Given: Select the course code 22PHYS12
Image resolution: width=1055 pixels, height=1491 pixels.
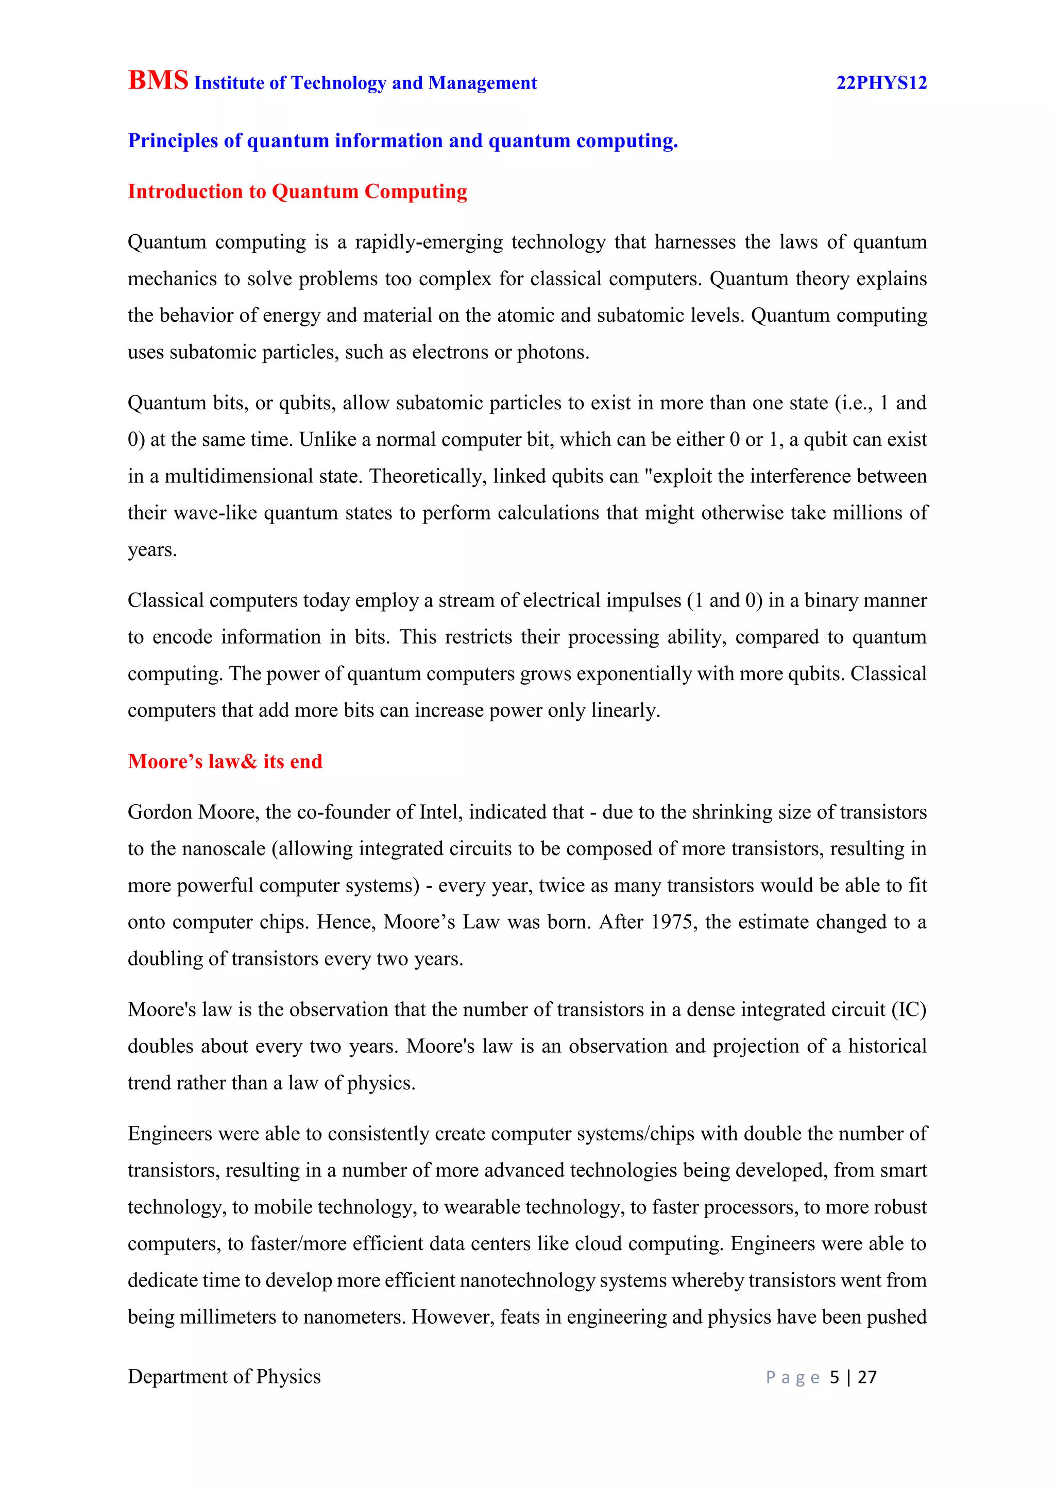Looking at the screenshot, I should tap(881, 83).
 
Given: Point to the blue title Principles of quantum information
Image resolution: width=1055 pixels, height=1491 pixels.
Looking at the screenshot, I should tap(402, 141).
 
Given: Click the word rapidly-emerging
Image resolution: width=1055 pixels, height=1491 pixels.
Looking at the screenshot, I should tap(429, 242).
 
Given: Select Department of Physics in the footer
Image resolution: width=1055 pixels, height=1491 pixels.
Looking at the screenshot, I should tap(224, 1377).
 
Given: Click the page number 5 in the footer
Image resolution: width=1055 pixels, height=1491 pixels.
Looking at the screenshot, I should tap(834, 1377).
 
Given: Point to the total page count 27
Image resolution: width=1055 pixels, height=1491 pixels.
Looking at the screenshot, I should tap(866, 1377).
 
